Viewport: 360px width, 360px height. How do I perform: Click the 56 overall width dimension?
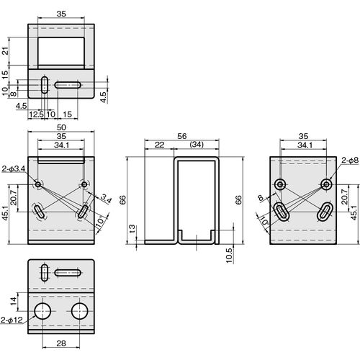coord(182,136)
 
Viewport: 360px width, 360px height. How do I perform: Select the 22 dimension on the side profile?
coord(159,145)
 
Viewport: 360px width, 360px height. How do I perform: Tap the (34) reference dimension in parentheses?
coord(197,145)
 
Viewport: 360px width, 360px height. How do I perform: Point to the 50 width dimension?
coord(61,127)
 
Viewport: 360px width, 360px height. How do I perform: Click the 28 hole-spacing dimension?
coord(61,343)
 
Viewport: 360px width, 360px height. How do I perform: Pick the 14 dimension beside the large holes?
coord(14,301)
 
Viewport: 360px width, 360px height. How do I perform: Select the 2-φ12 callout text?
coord(12,320)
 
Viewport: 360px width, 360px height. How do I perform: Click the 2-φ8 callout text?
coord(350,161)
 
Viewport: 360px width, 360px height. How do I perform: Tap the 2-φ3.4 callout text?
coord(14,168)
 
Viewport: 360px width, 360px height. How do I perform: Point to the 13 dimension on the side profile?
coord(132,229)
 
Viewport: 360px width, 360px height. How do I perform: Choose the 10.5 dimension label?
coord(229,256)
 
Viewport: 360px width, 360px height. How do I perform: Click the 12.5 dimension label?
coord(36,114)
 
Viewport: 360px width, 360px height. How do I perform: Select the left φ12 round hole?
coord(42,311)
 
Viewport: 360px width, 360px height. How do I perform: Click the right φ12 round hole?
coord(79,311)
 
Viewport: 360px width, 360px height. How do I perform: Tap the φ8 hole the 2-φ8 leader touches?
coord(326,184)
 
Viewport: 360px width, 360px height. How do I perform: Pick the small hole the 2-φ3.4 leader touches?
coord(38,184)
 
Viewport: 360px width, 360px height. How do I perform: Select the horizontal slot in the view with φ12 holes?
coord(68,273)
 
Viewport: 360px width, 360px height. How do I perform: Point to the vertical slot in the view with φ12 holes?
coord(45,272)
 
